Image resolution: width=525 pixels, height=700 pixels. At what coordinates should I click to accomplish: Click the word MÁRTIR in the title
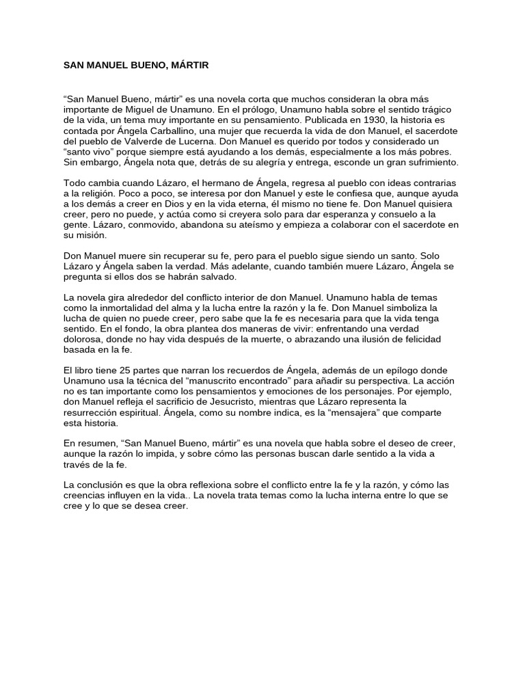pos(188,66)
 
